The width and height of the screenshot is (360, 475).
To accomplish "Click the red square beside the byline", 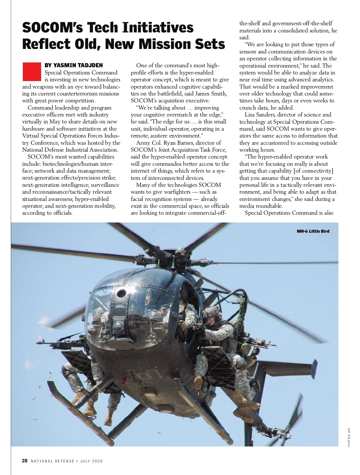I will tap(31, 71).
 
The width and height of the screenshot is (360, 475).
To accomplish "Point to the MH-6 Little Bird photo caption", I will tap(313, 231).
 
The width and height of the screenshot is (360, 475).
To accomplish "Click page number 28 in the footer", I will tap(25, 461).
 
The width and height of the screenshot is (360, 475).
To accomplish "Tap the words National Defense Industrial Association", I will tap(70, 150).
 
